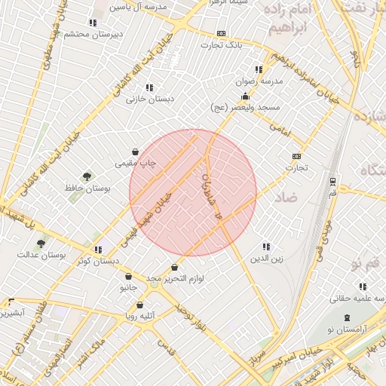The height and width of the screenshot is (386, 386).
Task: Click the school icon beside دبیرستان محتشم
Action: click(x=93, y=23)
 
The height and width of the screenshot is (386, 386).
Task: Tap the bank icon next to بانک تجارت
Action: click(x=221, y=33)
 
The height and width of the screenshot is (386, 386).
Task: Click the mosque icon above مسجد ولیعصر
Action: click(x=246, y=96)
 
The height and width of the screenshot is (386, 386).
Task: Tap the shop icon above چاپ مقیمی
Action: click(x=135, y=152)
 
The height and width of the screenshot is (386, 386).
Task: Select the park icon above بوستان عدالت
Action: click(x=41, y=243)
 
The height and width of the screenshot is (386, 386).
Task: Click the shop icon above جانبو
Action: click(x=128, y=277)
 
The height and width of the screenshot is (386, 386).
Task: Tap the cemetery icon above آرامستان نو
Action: click(x=347, y=318)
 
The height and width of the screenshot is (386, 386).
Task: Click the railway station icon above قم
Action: click(x=332, y=181)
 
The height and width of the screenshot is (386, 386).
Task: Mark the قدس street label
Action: click(x=165, y=348)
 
